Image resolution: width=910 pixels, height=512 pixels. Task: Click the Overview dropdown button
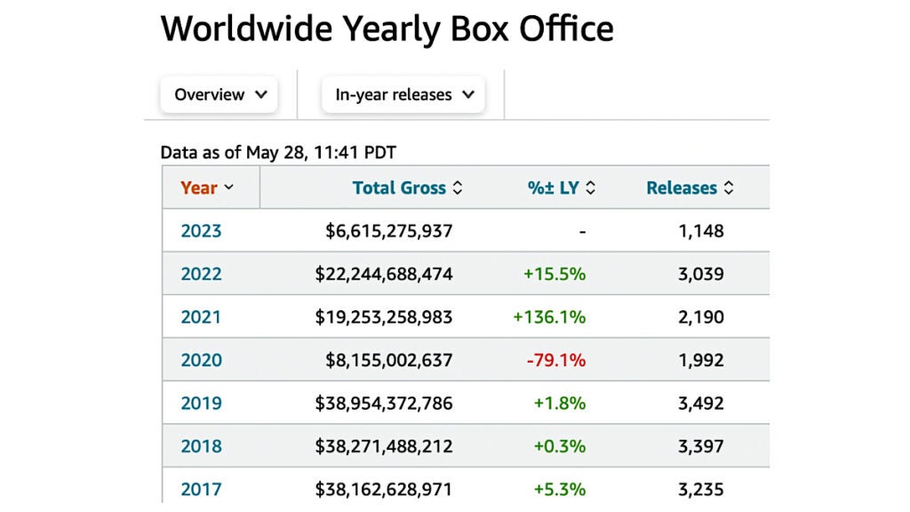pos(220,95)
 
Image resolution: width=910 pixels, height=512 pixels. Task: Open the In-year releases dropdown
pos(404,95)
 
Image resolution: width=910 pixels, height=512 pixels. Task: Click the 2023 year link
pos(201,231)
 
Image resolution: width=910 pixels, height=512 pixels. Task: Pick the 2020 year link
pos(201,360)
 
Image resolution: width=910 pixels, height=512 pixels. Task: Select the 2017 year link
pos(201,489)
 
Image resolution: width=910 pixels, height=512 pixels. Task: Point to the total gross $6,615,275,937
pos(389,231)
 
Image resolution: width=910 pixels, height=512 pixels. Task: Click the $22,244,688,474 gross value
pos(384,275)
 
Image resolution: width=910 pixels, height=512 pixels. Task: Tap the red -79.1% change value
pos(555,360)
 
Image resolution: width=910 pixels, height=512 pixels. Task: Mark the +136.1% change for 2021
pos(550,317)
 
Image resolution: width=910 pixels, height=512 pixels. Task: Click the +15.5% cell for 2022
pos(555,275)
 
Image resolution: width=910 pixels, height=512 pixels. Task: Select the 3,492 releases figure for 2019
pos(701,404)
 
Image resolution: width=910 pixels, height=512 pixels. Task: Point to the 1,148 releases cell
pos(701,231)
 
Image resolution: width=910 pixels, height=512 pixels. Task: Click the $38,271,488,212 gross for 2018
pos(384,446)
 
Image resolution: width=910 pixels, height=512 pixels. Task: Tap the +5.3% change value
pos(559,489)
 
